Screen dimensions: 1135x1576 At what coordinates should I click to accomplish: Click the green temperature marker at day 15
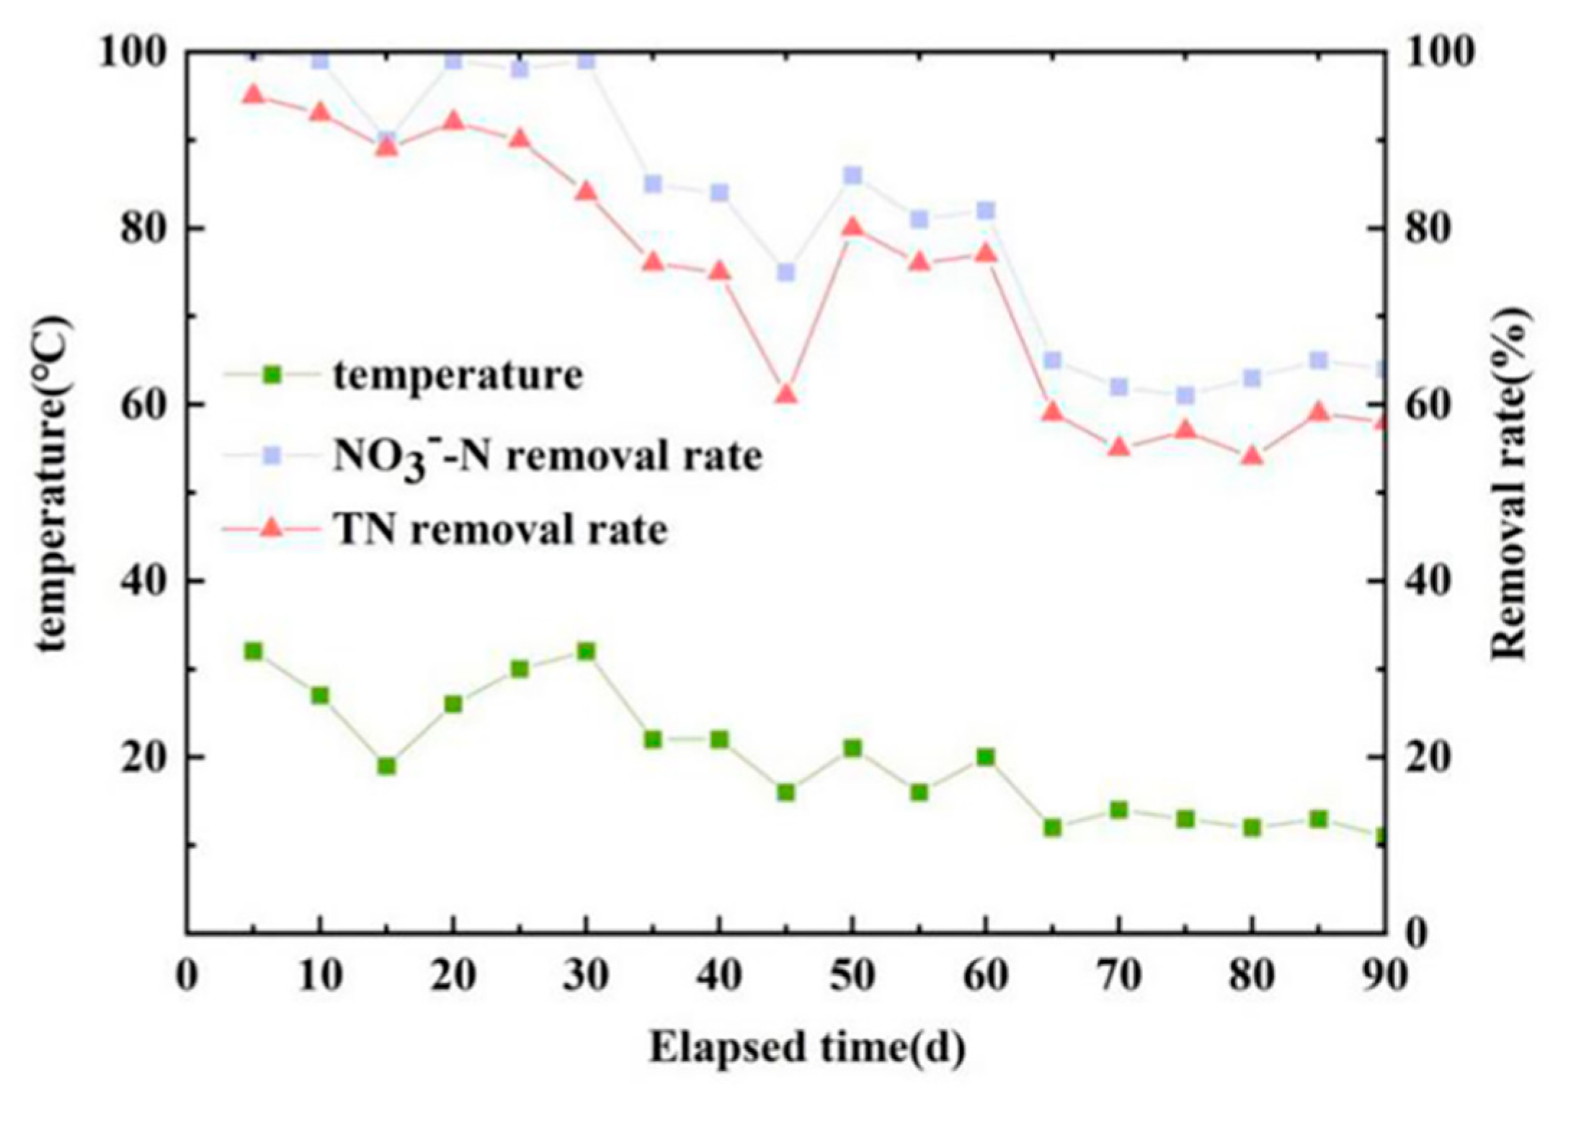coord(387,766)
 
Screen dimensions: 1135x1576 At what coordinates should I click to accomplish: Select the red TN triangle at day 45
coord(785,395)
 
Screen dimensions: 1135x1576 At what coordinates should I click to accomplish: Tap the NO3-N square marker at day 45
coord(785,272)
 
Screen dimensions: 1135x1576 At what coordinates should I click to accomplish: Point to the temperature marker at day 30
coord(586,651)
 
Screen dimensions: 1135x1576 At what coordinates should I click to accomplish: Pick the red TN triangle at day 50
coord(852,228)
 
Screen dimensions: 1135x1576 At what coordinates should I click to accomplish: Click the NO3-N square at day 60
coord(986,210)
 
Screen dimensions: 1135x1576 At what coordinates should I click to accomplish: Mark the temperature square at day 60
coord(986,757)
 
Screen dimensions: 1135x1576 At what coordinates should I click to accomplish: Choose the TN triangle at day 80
coord(1252,457)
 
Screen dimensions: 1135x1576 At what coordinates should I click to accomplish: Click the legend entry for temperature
coord(457,375)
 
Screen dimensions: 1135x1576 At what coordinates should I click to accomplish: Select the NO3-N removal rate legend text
coord(546,457)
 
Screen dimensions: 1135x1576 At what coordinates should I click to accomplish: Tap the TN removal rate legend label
coord(500,530)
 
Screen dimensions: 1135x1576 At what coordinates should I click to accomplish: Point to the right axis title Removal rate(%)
coord(1508,483)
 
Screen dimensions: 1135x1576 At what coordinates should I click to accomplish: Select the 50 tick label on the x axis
coord(852,977)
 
